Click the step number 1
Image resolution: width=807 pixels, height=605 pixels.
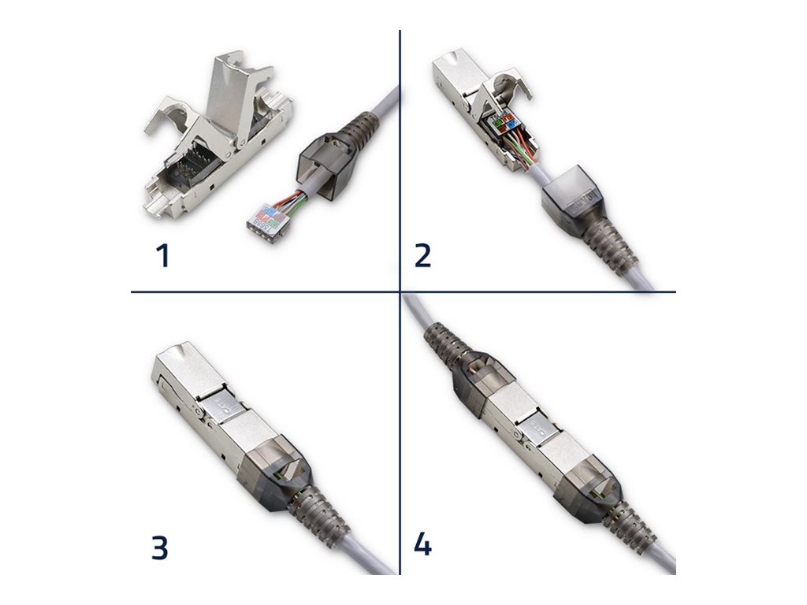[163, 256]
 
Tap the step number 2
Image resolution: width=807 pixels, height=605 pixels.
[422, 256]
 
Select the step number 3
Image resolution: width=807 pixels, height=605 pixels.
[160, 547]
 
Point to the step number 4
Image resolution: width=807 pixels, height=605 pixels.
[422, 544]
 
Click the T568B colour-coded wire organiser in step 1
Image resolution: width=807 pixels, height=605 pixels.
[266, 216]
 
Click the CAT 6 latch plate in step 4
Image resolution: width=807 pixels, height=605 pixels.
[538, 429]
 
